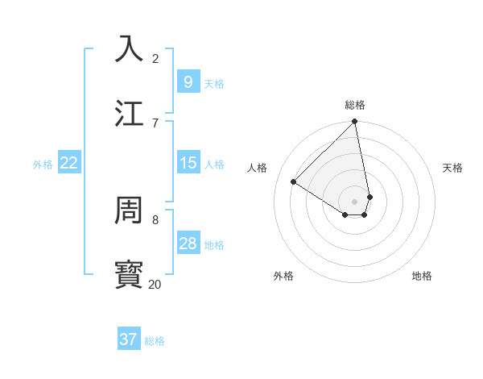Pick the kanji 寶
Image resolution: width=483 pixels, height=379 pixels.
[x=129, y=274]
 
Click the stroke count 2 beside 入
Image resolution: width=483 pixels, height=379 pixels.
[x=155, y=58]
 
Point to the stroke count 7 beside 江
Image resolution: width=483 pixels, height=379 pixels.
[x=155, y=123]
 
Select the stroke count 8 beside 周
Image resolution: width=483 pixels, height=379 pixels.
[x=155, y=219]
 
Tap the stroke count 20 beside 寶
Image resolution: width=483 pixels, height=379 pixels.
[x=155, y=284]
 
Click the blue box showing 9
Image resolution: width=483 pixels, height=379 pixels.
[x=188, y=81]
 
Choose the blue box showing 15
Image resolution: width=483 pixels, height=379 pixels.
[x=188, y=163]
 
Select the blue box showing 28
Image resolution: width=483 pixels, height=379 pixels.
[x=188, y=244]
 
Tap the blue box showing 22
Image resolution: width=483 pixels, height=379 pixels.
[x=69, y=163]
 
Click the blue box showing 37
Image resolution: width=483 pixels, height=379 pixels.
[x=129, y=339]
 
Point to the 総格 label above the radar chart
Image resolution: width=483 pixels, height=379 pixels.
[x=355, y=105]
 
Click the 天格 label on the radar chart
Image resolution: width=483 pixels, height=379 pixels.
[x=452, y=168]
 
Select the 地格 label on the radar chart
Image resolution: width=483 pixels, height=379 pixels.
[x=422, y=276]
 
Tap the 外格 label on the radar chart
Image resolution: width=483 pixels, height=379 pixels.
[x=283, y=276]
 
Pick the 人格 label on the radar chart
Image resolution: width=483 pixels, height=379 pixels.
[x=258, y=168]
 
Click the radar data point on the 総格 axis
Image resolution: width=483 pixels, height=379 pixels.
[x=355, y=122]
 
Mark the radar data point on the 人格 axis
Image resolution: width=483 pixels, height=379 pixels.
[x=294, y=182]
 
